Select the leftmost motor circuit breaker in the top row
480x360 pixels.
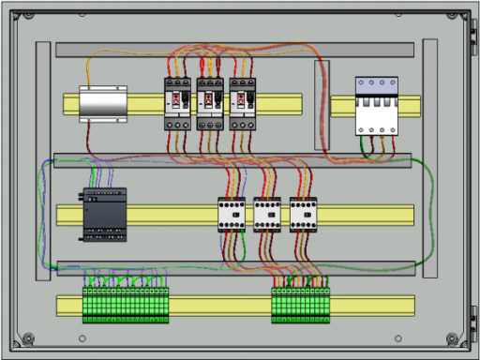[x=178, y=103]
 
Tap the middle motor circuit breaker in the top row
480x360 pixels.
[x=210, y=103]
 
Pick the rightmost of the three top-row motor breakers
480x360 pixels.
[x=243, y=103]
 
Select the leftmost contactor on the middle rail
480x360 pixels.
[x=232, y=214]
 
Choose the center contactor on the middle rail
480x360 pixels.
[x=267, y=214]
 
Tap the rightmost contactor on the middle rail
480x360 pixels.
[x=303, y=214]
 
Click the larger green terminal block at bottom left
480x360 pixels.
[x=126, y=306]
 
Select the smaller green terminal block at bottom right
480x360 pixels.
[x=300, y=306]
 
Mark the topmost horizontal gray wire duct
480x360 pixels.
[x=234, y=50]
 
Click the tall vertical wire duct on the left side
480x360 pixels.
[x=43, y=159]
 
